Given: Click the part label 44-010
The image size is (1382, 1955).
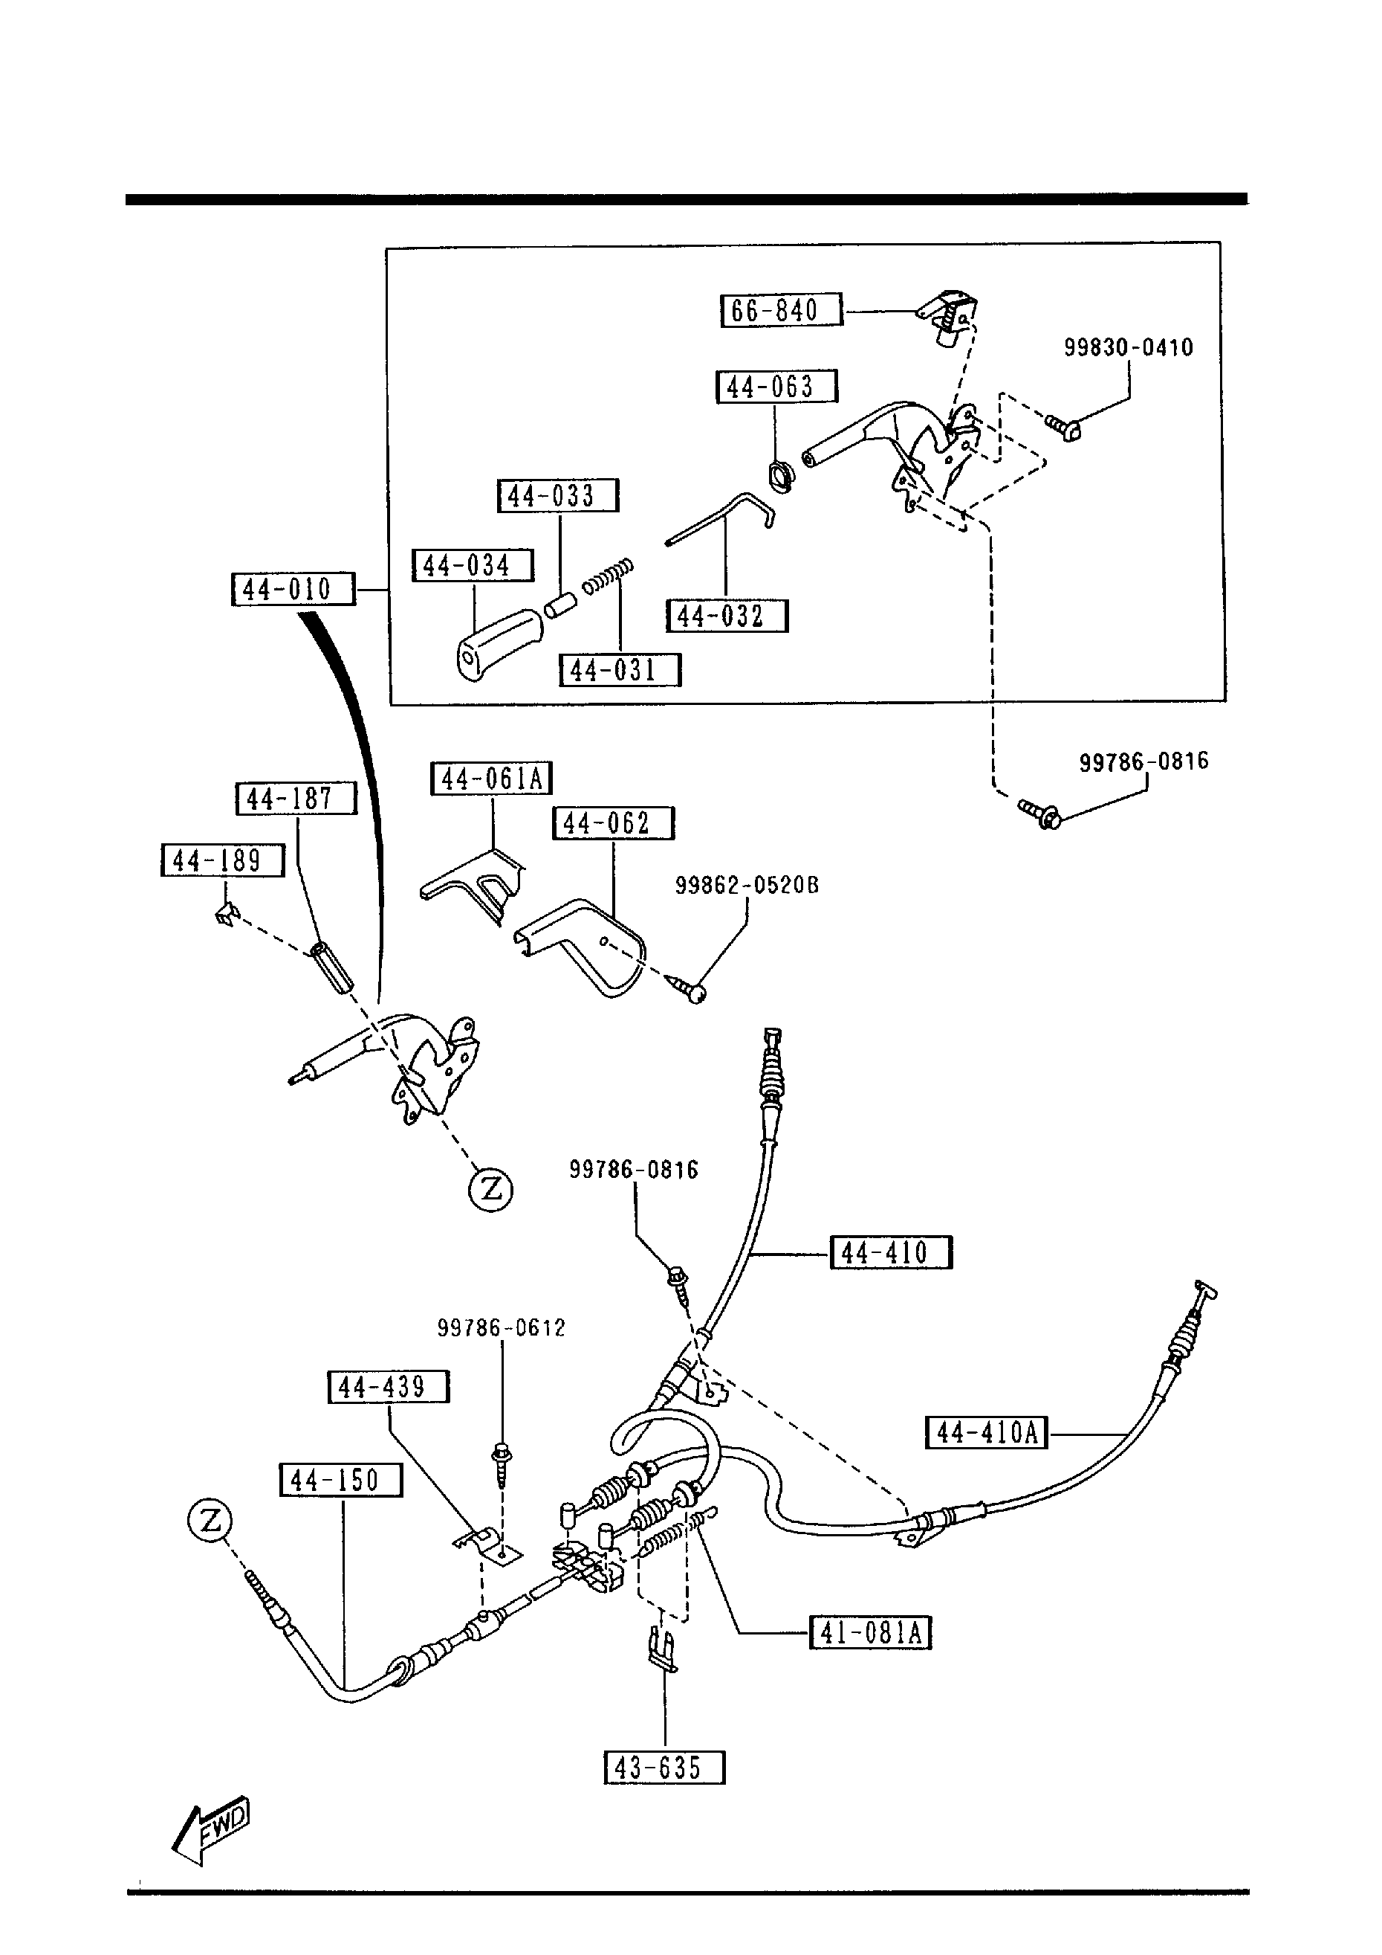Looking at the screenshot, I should coord(293,589).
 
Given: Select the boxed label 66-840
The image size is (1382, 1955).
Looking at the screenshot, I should coord(780,310).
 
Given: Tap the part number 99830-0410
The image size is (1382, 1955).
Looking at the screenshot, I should coord(1129,347).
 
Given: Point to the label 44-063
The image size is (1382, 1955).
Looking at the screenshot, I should coord(776,387).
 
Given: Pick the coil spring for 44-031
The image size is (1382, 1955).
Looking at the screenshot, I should coord(608,576).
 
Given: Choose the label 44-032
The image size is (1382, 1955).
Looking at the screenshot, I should coord(727,616).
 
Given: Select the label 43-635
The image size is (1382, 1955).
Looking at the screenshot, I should coord(664,1768).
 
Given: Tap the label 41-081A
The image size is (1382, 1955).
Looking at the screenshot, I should coord(870,1632).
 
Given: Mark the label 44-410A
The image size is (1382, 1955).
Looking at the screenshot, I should coord(986,1432).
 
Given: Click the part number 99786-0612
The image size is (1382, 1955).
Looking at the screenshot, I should coord(502,1328).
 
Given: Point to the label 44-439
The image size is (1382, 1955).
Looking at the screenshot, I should coord(388,1387).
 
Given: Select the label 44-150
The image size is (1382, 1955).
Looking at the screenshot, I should coord(340,1480).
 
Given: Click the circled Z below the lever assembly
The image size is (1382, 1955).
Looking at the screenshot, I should coord(491,1188).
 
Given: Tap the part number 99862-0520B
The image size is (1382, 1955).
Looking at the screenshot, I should coord(746,886).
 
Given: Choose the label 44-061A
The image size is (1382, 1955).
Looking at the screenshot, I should coord(492,779).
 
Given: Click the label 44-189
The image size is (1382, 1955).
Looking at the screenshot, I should coord(222,860).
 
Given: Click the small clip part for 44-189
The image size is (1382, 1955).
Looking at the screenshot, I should coord(227,915).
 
